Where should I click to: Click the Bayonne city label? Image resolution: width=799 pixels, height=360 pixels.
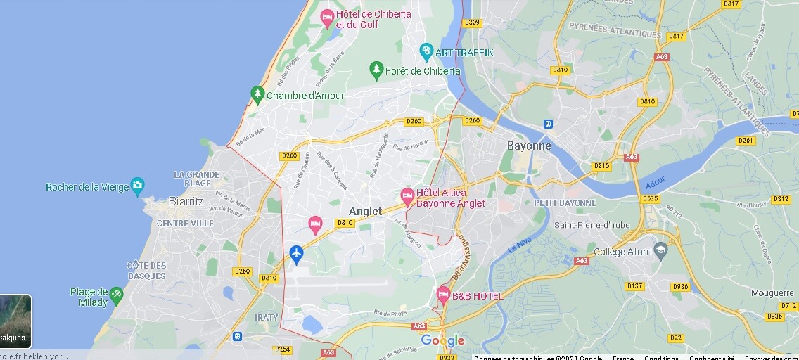pyautogui.click(x=529, y=146)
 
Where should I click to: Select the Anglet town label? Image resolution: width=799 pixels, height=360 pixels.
pyautogui.click(x=366, y=211)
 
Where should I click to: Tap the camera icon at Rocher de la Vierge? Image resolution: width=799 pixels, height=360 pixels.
pyautogui.click(x=138, y=186)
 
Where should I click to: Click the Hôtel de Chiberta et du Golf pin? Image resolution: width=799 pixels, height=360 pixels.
pyautogui.click(x=327, y=17)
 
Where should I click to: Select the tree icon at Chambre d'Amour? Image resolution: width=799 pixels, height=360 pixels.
pyautogui.click(x=257, y=94)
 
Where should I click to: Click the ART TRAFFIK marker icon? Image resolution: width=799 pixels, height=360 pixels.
pyautogui.click(x=426, y=51)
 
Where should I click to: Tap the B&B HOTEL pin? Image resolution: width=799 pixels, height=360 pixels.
pyautogui.click(x=443, y=294)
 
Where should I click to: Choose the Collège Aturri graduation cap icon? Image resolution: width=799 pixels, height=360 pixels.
pyautogui.click(x=660, y=250)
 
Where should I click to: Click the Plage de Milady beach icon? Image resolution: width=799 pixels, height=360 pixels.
pyautogui.click(x=116, y=293)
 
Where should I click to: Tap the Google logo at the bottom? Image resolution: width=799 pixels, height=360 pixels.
pyautogui.click(x=442, y=341)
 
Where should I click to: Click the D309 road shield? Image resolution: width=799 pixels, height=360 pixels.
pyautogui.click(x=472, y=22)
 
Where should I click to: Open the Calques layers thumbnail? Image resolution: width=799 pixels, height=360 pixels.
pyautogui.click(x=15, y=321)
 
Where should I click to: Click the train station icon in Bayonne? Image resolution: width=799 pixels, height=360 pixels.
pyautogui.click(x=548, y=124)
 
